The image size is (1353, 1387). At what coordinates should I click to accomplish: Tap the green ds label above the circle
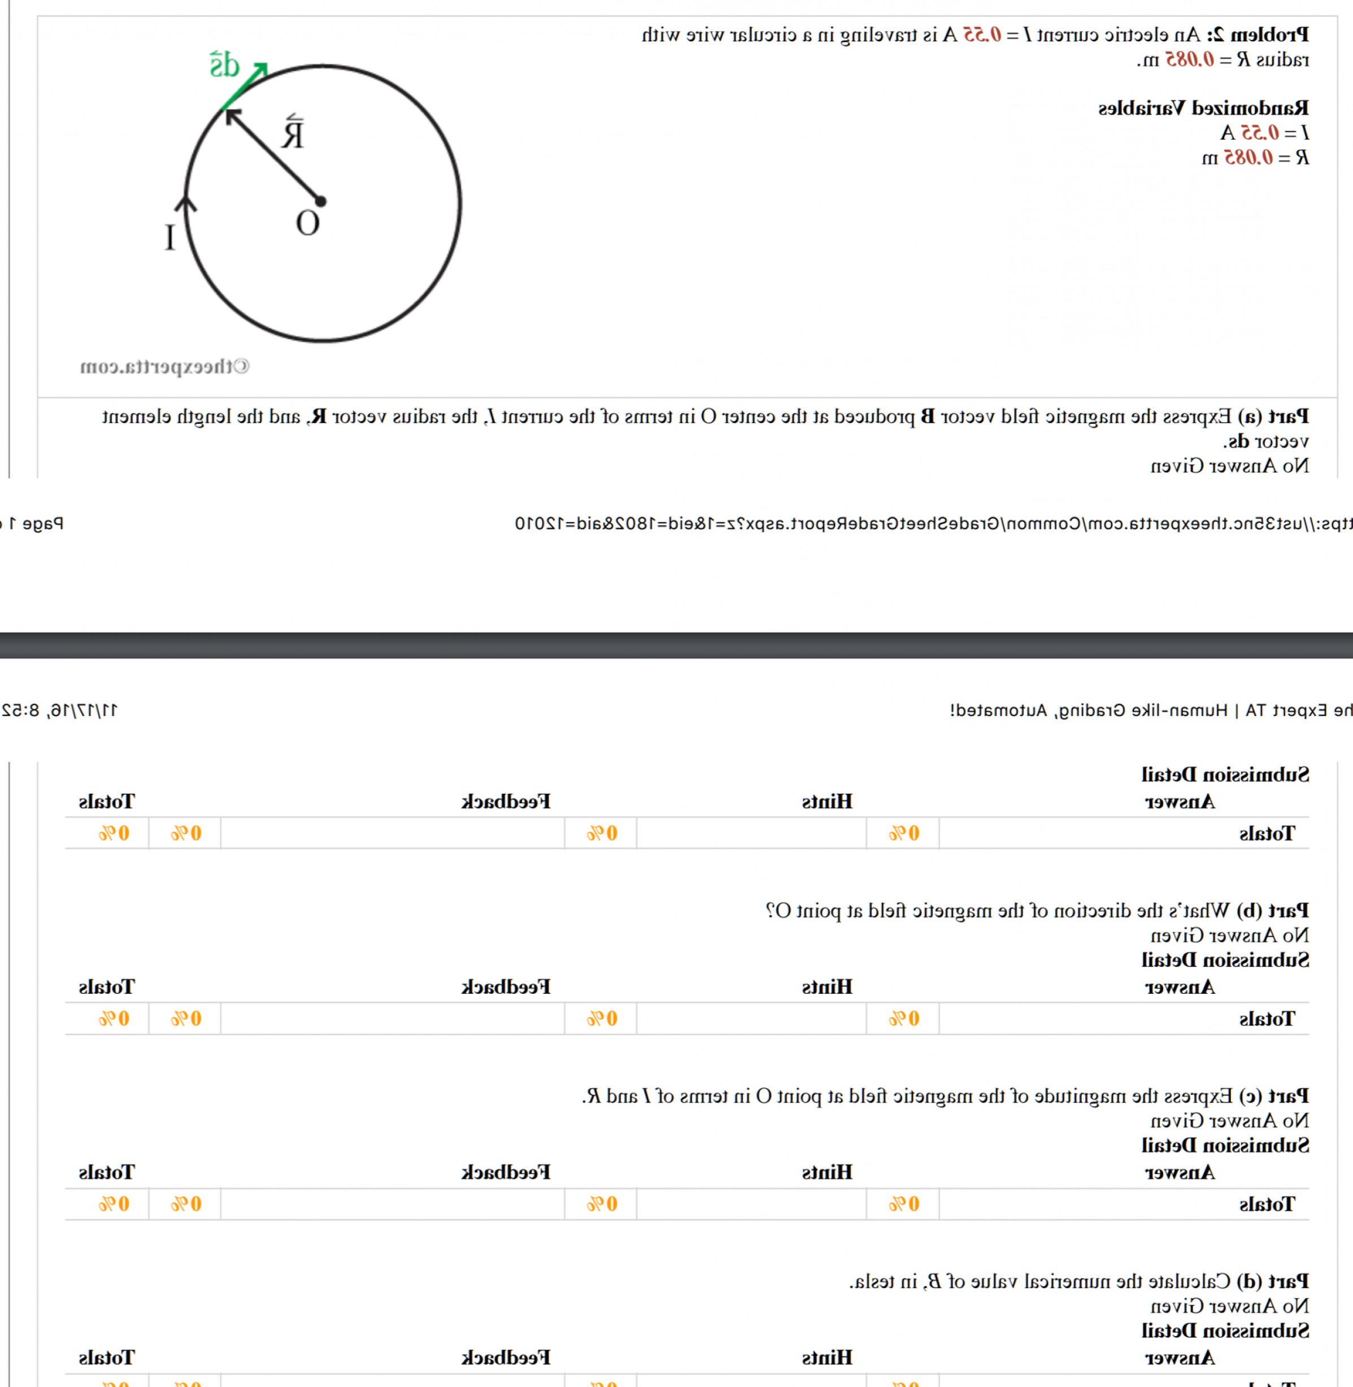(x=224, y=66)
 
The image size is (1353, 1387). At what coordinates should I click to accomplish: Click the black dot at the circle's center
(x=320, y=202)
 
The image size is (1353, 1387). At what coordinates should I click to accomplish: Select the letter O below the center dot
(x=308, y=224)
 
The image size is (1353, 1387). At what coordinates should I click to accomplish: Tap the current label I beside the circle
(x=170, y=237)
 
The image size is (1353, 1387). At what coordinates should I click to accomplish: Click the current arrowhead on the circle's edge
(x=186, y=203)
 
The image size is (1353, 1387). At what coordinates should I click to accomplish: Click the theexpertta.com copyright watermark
(x=164, y=367)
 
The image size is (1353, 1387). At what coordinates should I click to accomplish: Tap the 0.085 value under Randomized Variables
(x=1248, y=157)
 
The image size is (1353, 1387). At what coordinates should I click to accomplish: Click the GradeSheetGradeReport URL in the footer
(x=924, y=524)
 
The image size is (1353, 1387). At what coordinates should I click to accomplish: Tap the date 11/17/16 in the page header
(x=82, y=710)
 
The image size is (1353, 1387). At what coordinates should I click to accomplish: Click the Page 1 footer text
(x=36, y=524)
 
